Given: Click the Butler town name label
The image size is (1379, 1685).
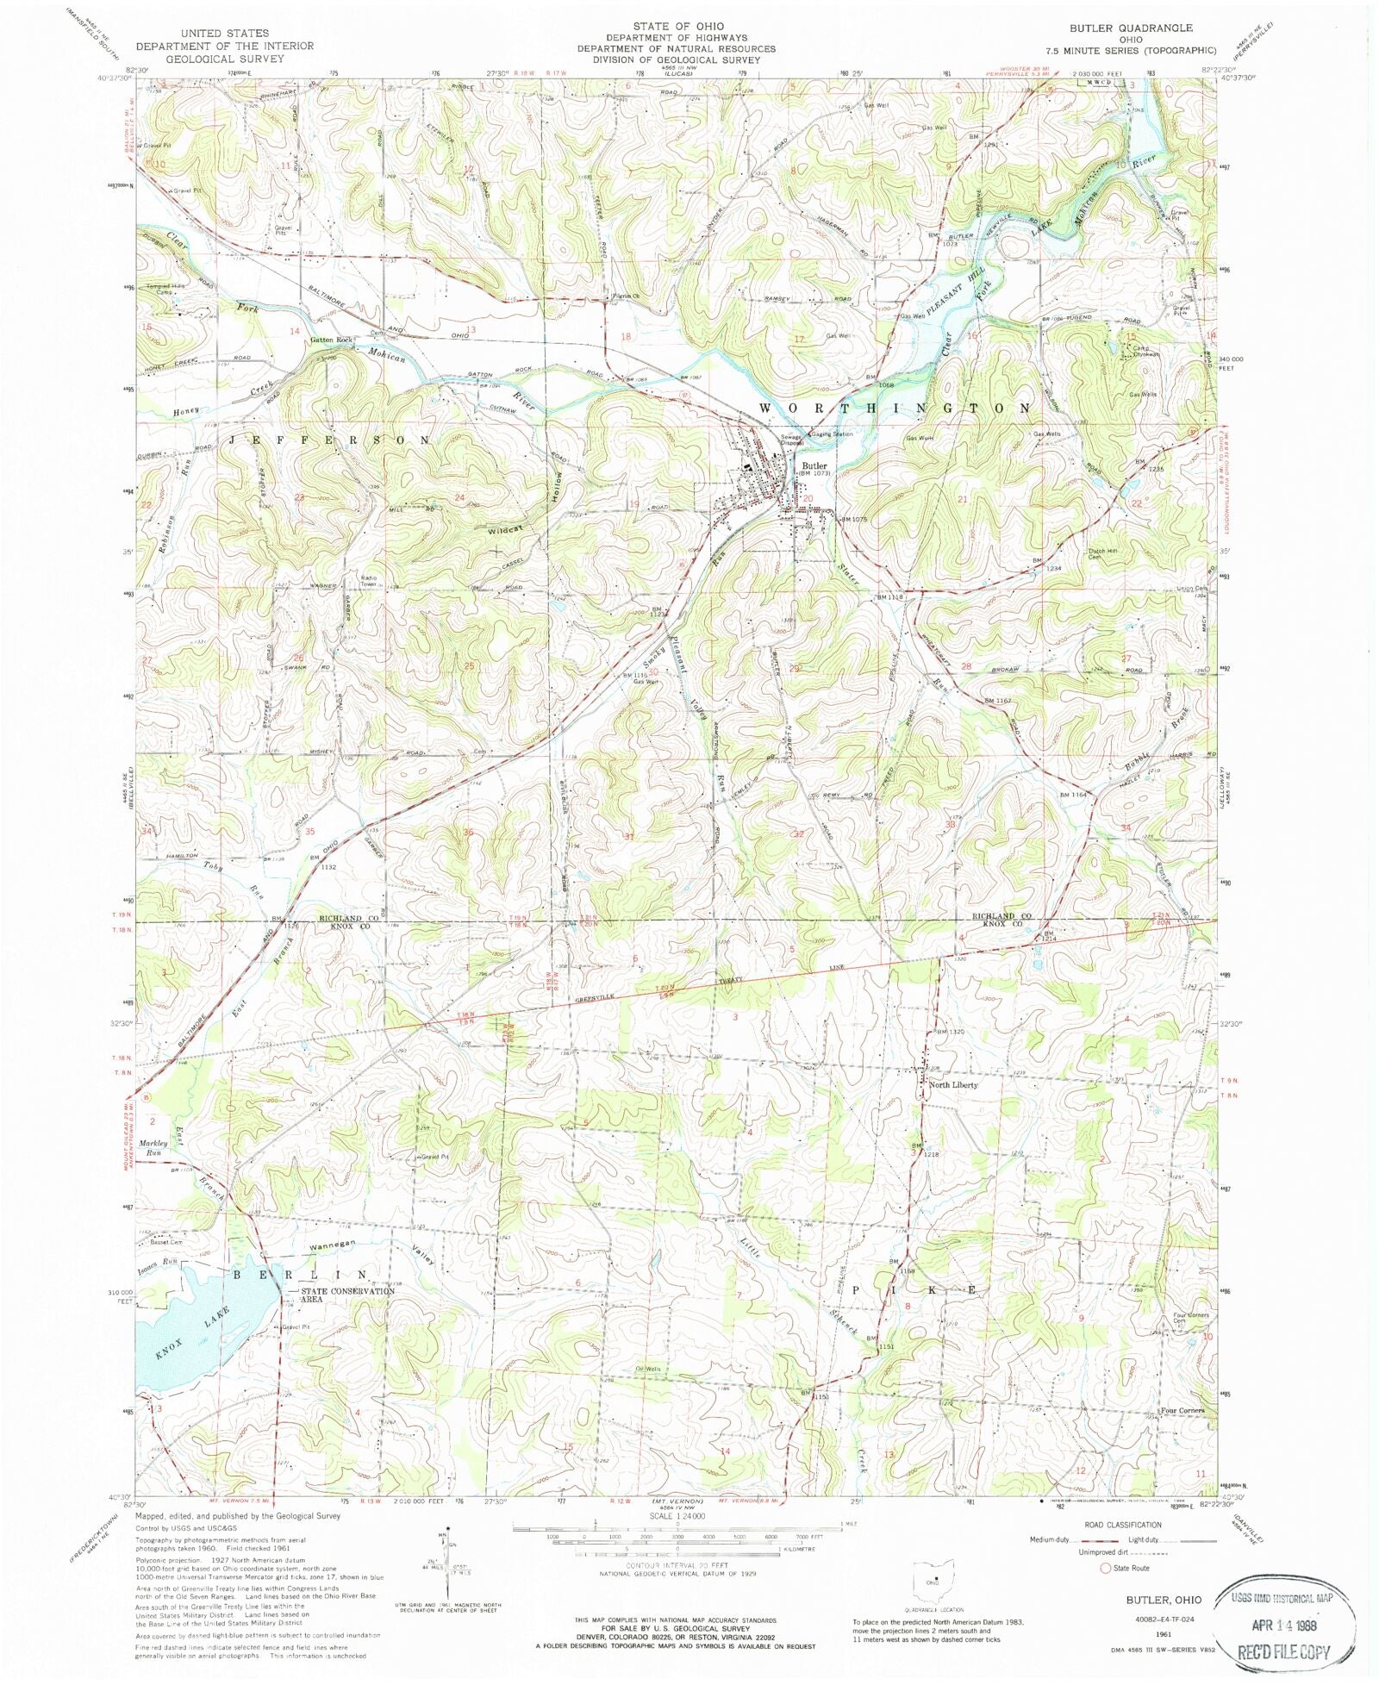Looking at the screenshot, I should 814,465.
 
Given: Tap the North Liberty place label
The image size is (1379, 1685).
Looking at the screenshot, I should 952,1085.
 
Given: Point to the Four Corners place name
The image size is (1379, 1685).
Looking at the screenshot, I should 1182,1411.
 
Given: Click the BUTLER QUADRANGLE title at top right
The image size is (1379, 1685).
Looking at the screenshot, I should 1131,28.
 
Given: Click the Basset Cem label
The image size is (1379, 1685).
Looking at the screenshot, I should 165,1243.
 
